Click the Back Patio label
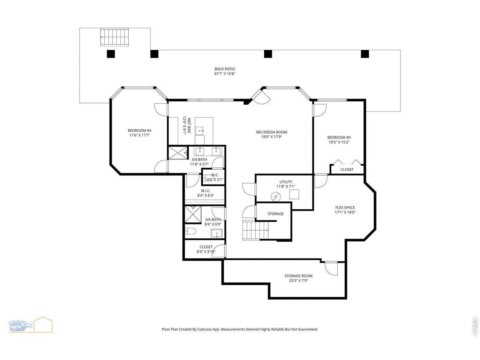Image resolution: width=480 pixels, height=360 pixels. pyautogui.click(x=225, y=69)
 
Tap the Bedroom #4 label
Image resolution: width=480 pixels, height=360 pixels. pyautogui.click(x=139, y=130)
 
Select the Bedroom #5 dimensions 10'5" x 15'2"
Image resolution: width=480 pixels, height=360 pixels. pyautogui.click(x=339, y=142)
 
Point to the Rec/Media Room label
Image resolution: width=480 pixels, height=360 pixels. pyautogui.click(x=271, y=132)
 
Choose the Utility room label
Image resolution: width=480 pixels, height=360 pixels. pyautogui.click(x=286, y=182)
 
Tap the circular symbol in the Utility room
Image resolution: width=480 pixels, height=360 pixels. pyautogui.click(x=276, y=197)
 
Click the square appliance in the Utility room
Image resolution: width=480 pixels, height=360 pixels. pyautogui.click(x=294, y=194)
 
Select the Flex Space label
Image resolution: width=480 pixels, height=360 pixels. pyautogui.click(x=345, y=207)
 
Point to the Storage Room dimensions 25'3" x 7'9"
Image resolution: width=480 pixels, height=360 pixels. pyautogui.click(x=298, y=280)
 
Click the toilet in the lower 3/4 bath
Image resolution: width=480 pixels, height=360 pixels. pyautogui.click(x=190, y=231)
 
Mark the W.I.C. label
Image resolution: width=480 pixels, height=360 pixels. pyautogui.click(x=205, y=191)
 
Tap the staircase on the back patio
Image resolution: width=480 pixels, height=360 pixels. pyautogui.click(x=114, y=37)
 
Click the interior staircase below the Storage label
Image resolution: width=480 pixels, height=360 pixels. pyautogui.click(x=256, y=231)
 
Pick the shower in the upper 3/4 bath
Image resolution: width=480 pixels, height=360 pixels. pyautogui.click(x=178, y=153)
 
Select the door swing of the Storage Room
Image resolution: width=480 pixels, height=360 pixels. pyautogui.click(x=331, y=268)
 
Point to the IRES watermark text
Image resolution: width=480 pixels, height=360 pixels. pyautogui.click(x=474, y=327)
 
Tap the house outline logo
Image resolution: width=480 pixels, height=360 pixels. pyautogui.click(x=43, y=324)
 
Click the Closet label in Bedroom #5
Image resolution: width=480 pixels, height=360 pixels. pyautogui.click(x=347, y=169)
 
